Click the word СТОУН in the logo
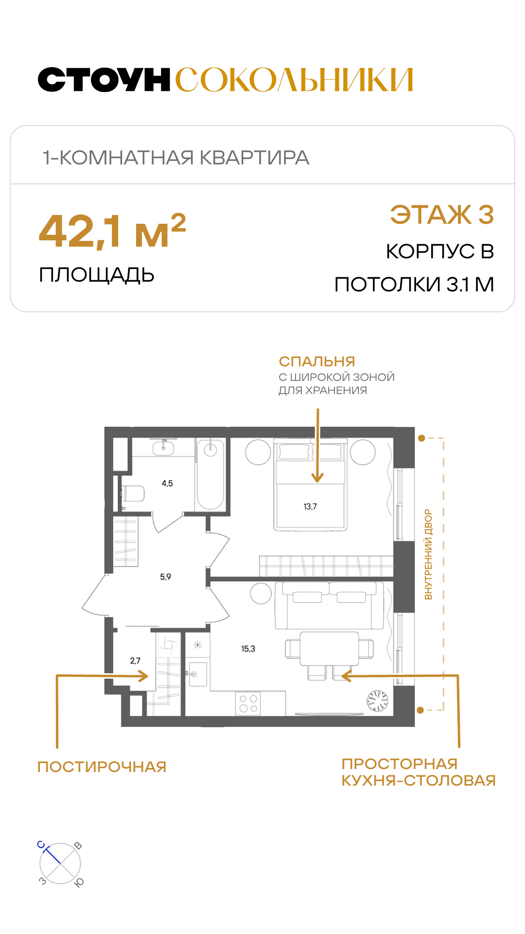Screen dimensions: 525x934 104,80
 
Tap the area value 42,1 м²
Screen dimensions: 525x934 112,231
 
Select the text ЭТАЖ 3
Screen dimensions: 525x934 442,215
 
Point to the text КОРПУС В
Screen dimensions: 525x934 440,251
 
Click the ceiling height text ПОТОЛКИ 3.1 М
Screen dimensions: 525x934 414,285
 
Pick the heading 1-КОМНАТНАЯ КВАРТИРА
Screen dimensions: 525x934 176,158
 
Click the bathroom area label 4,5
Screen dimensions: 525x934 167,484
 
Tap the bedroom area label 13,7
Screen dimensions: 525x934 310,506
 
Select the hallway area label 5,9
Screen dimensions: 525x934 166,577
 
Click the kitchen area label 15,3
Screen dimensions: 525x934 248,649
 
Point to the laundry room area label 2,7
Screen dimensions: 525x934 135,661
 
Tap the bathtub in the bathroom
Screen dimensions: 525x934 210,475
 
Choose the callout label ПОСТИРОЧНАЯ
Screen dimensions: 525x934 102,767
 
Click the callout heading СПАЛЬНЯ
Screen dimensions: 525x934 317,361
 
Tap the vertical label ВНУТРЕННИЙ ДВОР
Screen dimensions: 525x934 428,554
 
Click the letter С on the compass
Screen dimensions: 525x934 41,845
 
